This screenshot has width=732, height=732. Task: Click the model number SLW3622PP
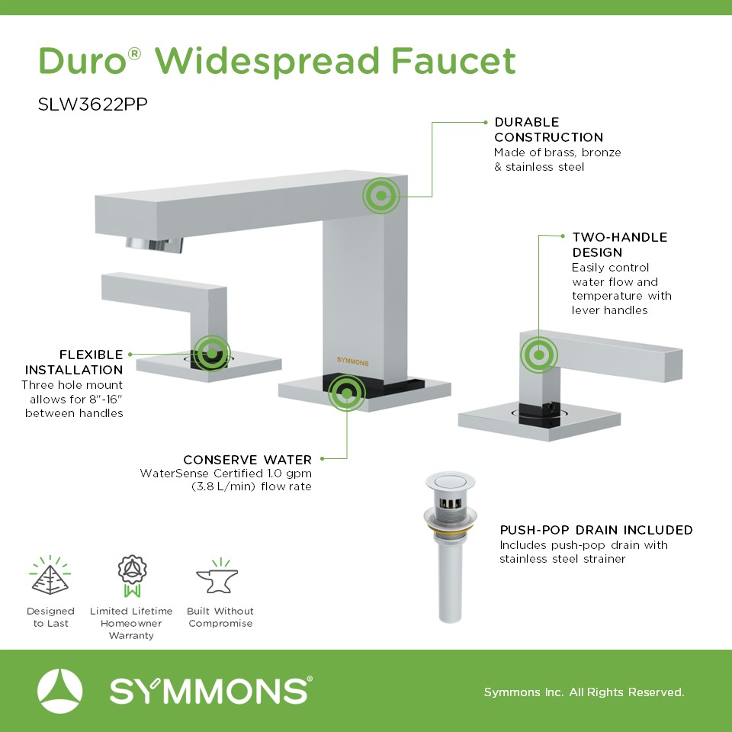point(92,104)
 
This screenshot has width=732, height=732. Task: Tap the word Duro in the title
point(82,61)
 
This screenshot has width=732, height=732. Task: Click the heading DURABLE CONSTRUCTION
point(548,130)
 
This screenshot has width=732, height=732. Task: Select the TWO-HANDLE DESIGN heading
point(619,245)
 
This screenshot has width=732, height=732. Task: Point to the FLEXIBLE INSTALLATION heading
point(74,361)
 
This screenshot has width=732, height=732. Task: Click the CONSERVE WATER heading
point(247,460)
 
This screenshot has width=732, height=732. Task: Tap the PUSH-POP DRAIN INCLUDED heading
point(596,530)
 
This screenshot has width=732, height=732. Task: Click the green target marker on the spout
point(381,196)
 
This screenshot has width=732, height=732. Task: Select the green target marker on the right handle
point(539,355)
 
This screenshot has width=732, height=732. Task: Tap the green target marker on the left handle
point(212,353)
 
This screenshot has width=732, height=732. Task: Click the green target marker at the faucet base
point(346,393)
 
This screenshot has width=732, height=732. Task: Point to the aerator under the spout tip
point(154,245)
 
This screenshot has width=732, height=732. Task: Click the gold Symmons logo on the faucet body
point(352,361)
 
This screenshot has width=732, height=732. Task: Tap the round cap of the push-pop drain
point(450,481)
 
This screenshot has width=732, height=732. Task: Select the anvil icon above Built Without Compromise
point(217,576)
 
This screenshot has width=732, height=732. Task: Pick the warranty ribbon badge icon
point(132,576)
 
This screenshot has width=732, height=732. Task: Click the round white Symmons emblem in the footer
point(59,691)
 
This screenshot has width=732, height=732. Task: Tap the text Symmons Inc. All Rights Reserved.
point(584,692)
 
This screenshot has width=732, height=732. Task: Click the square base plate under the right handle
point(539,422)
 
